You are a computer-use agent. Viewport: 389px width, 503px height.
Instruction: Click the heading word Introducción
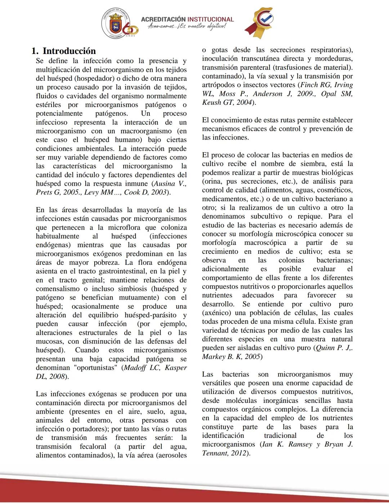tap(69, 51)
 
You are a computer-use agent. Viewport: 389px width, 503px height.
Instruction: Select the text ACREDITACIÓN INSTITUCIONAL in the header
tap(187, 19)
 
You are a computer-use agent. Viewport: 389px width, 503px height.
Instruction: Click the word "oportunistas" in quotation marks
tap(94, 368)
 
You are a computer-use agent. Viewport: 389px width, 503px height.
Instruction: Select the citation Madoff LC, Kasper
tap(155, 368)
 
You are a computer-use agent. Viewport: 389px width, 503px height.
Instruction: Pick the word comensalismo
tap(58, 289)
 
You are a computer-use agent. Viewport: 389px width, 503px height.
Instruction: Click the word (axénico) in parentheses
tap(215, 313)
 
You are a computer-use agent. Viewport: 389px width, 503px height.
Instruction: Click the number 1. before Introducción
tap(35, 51)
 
